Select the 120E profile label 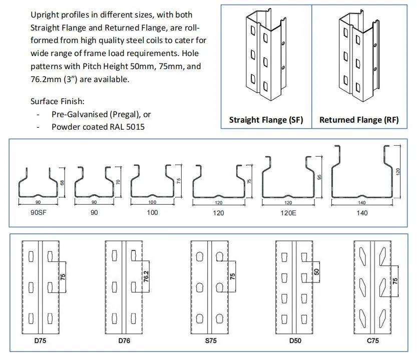(x=287, y=213)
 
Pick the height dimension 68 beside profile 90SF (x=62, y=183)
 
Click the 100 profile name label (x=152, y=213)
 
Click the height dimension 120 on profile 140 (x=398, y=171)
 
